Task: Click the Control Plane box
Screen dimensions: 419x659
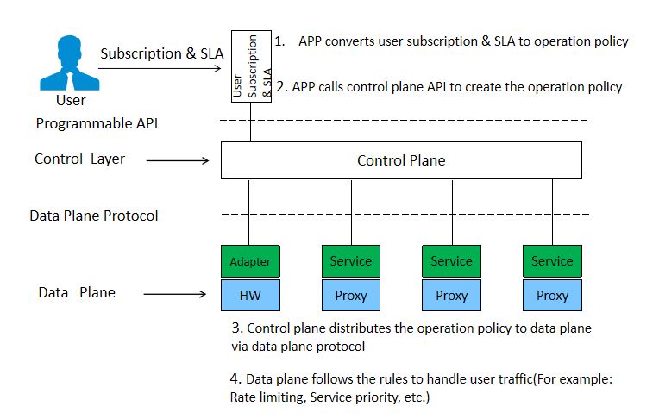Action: point(401,160)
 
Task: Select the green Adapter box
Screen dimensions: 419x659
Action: point(250,260)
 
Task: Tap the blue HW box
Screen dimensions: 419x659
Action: point(250,295)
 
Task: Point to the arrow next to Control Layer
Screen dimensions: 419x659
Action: point(181,160)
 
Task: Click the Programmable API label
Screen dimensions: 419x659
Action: point(97,123)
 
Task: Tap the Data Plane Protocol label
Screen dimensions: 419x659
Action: point(94,216)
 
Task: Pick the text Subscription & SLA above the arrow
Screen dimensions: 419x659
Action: point(161,53)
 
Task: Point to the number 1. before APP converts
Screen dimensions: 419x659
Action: point(279,41)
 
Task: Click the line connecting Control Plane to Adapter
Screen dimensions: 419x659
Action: point(250,212)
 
